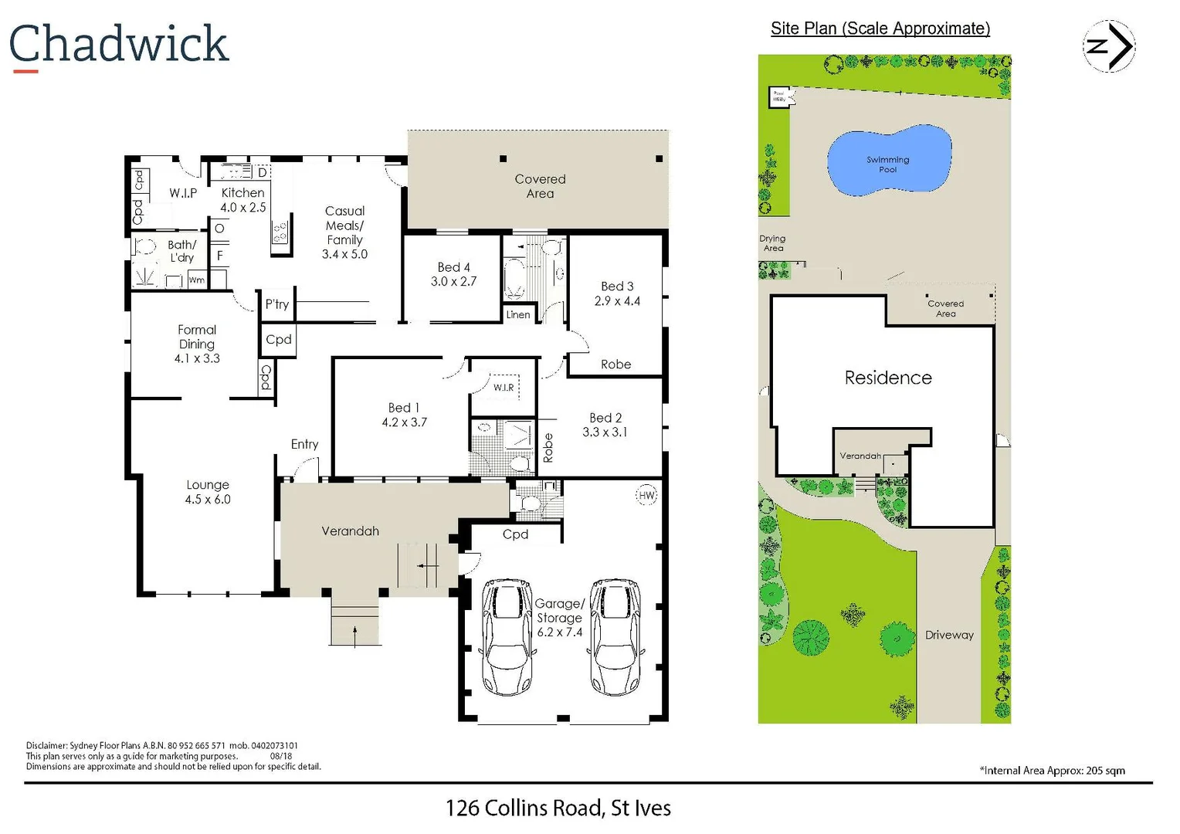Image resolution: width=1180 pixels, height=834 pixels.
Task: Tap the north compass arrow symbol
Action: tap(1109, 46)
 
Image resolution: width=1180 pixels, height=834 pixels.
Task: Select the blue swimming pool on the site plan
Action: tap(889, 161)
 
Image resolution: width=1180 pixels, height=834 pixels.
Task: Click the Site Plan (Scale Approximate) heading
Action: tap(880, 29)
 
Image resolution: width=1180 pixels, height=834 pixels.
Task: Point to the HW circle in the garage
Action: tap(646, 496)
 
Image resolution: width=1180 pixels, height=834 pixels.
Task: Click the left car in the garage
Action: tap(507, 637)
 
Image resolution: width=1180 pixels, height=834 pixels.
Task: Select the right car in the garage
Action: tap(615, 637)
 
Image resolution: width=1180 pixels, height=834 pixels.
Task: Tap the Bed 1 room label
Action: tap(404, 408)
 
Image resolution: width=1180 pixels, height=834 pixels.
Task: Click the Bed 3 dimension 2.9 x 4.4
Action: tap(617, 301)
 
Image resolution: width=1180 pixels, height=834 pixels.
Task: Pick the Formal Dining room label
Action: tap(197, 337)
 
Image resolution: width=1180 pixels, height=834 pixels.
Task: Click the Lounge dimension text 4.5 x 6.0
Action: tap(208, 500)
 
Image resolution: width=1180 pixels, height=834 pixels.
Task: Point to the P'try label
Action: tap(277, 304)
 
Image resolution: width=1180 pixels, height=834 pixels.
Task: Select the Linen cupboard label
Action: tap(518, 315)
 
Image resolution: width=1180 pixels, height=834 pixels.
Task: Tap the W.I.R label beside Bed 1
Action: tap(504, 388)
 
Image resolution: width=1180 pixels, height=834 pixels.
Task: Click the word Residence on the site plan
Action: tap(888, 378)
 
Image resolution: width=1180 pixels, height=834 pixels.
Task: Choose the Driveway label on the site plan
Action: tap(949, 635)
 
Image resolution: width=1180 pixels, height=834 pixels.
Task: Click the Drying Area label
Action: tap(772, 243)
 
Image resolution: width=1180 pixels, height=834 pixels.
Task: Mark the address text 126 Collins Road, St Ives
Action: tap(558, 808)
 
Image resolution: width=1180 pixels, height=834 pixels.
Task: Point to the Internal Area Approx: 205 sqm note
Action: tap(1052, 771)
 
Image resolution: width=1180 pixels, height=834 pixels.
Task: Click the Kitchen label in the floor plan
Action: tap(242, 193)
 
